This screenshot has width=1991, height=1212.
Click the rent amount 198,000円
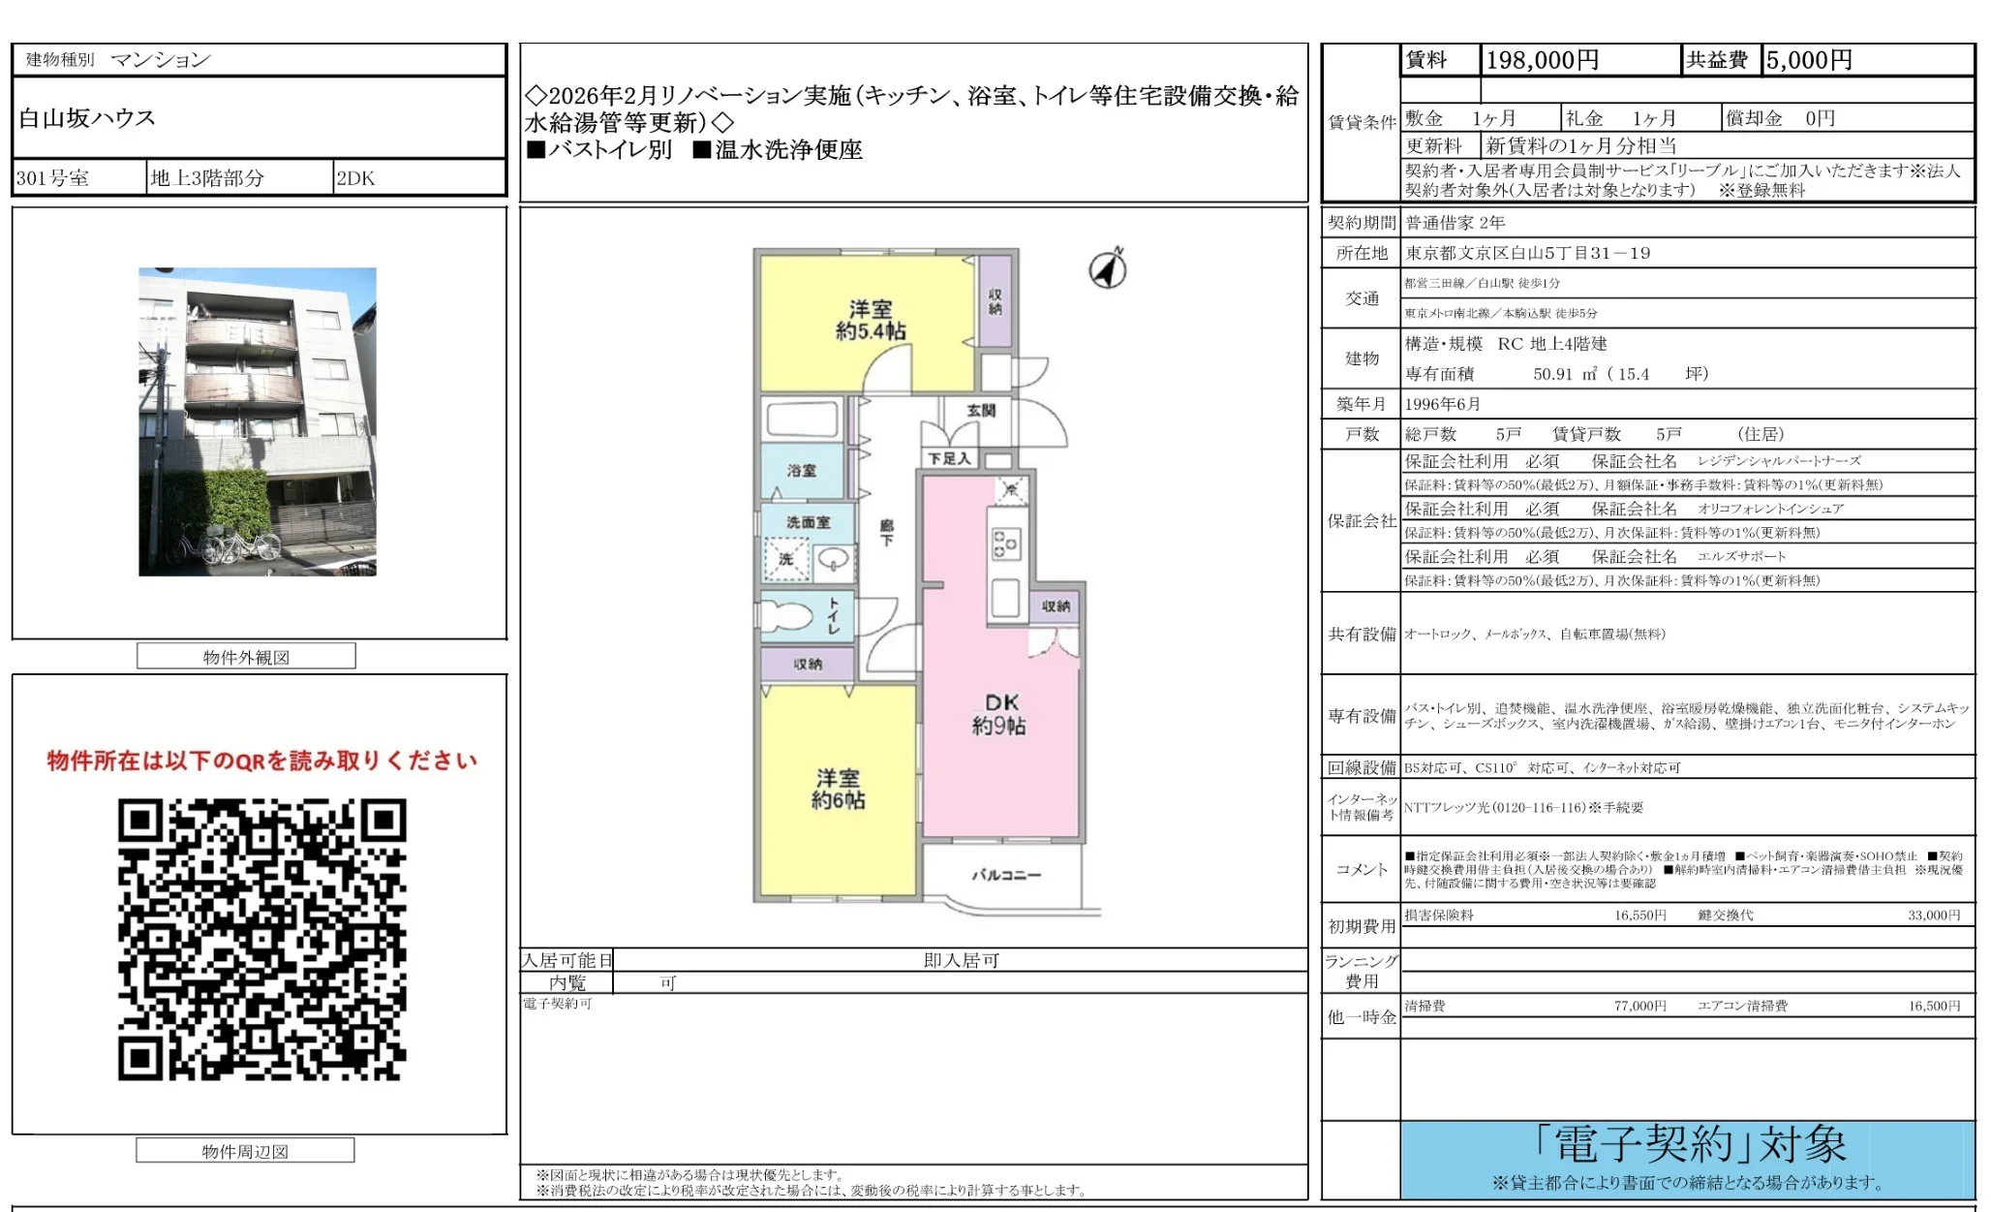[1542, 60]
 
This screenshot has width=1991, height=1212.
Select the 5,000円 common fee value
[1808, 60]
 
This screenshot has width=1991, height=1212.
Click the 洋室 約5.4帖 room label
[871, 320]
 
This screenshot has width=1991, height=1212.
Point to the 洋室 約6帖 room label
[838, 789]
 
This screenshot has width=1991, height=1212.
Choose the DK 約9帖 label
[1001, 714]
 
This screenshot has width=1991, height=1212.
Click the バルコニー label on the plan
[1006, 875]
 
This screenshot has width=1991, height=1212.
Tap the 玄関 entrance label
[981, 410]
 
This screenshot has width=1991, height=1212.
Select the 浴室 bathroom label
[801, 471]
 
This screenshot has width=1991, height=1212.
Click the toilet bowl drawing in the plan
[786, 615]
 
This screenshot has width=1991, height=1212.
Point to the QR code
[261, 939]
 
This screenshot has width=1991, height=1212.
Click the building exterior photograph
[258, 421]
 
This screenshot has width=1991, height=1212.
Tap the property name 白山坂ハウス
[87, 118]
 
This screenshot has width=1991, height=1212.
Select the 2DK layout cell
[355, 178]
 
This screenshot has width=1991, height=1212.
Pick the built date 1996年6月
[1442, 404]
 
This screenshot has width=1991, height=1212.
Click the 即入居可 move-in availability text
[961, 960]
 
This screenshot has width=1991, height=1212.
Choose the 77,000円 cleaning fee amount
[1639, 1006]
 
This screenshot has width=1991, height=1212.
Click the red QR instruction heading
[261, 761]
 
